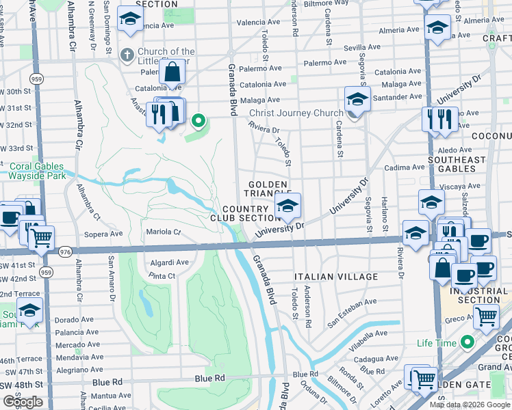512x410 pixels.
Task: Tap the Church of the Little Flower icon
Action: (127, 54)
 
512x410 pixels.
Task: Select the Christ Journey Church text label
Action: (296, 113)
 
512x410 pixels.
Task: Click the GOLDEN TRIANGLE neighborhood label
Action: (270, 189)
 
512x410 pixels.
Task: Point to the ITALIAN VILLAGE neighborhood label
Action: (335, 277)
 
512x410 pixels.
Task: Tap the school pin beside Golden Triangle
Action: (288, 205)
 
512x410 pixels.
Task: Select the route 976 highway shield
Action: (66, 251)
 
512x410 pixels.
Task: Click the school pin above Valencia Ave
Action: (129, 20)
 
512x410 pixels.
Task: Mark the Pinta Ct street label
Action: (162, 276)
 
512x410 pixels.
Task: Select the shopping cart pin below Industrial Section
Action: (486, 316)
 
